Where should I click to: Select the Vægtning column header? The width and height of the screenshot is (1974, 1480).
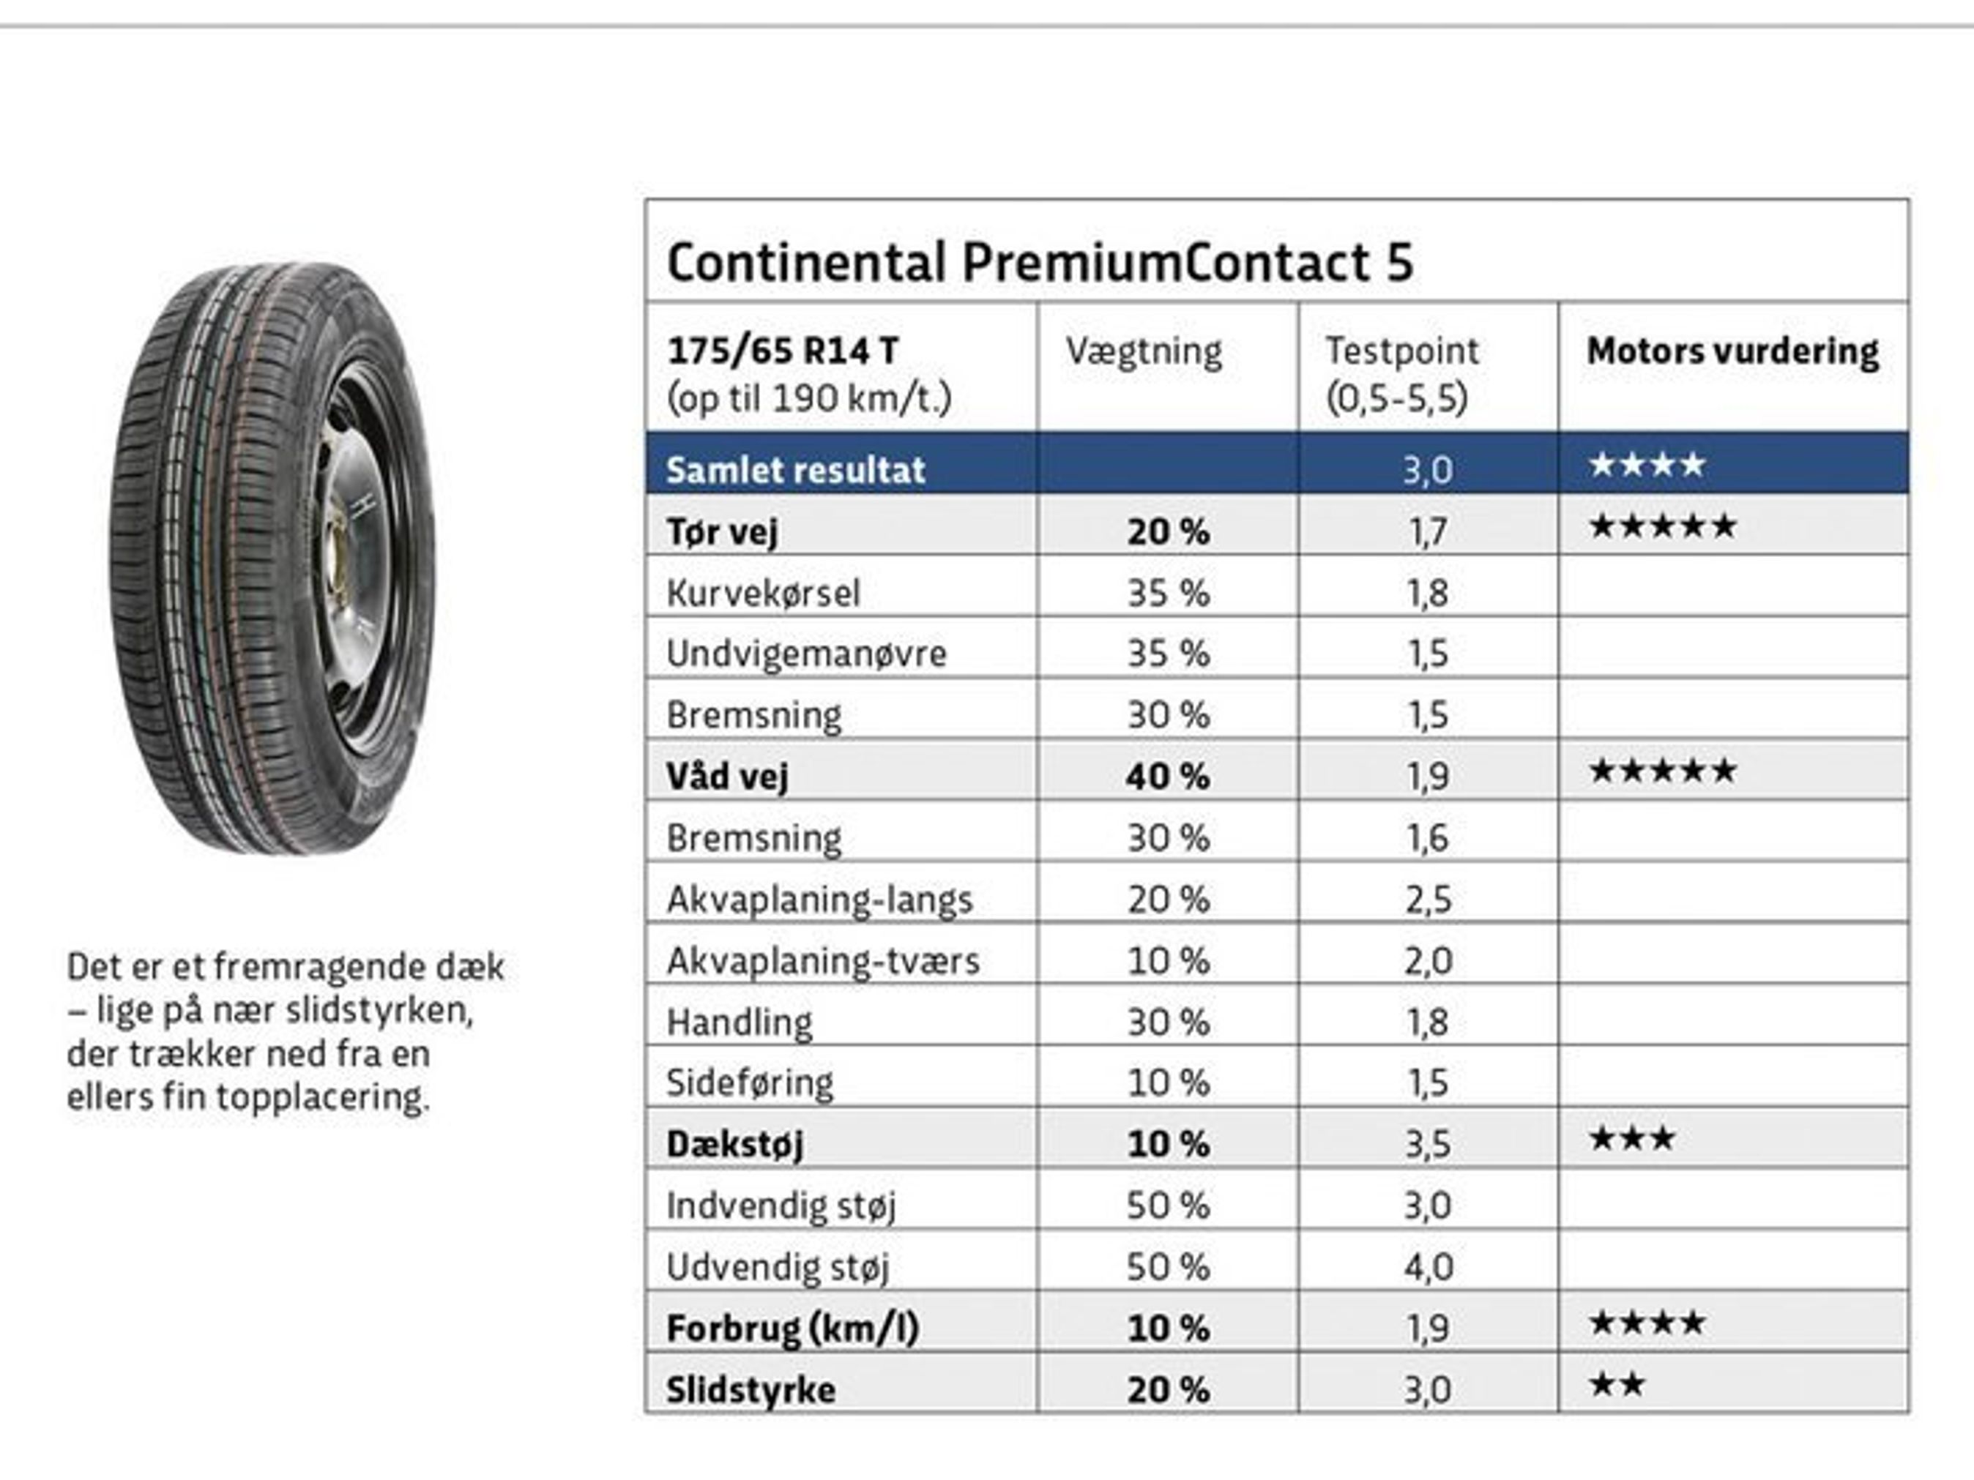(1143, 351)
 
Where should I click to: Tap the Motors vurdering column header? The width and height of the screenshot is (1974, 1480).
(1732, 351)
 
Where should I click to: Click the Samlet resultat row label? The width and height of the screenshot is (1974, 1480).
(795, 469)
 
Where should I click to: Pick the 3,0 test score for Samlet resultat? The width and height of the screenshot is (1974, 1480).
(1427, 469)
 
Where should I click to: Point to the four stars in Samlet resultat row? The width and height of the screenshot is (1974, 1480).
(1647, 465)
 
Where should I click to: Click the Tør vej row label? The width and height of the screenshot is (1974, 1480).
(722, 531)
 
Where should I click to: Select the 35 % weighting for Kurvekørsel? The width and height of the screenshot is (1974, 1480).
(1167, 592)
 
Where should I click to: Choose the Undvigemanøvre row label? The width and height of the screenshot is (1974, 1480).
(806, 654)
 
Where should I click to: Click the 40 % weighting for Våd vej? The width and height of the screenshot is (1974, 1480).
(1167, 776)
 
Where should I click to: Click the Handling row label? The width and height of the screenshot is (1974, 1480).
(739, 1023)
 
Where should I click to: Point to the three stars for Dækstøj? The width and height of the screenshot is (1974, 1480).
(1631, 1139)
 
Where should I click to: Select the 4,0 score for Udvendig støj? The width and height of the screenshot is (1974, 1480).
(1427, 1267)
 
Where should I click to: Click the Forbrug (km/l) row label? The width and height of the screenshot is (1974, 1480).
(792, 1328)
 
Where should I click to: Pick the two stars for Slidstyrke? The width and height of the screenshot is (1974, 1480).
(1616, 1386)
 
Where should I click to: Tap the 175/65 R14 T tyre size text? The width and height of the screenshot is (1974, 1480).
(782, 351)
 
